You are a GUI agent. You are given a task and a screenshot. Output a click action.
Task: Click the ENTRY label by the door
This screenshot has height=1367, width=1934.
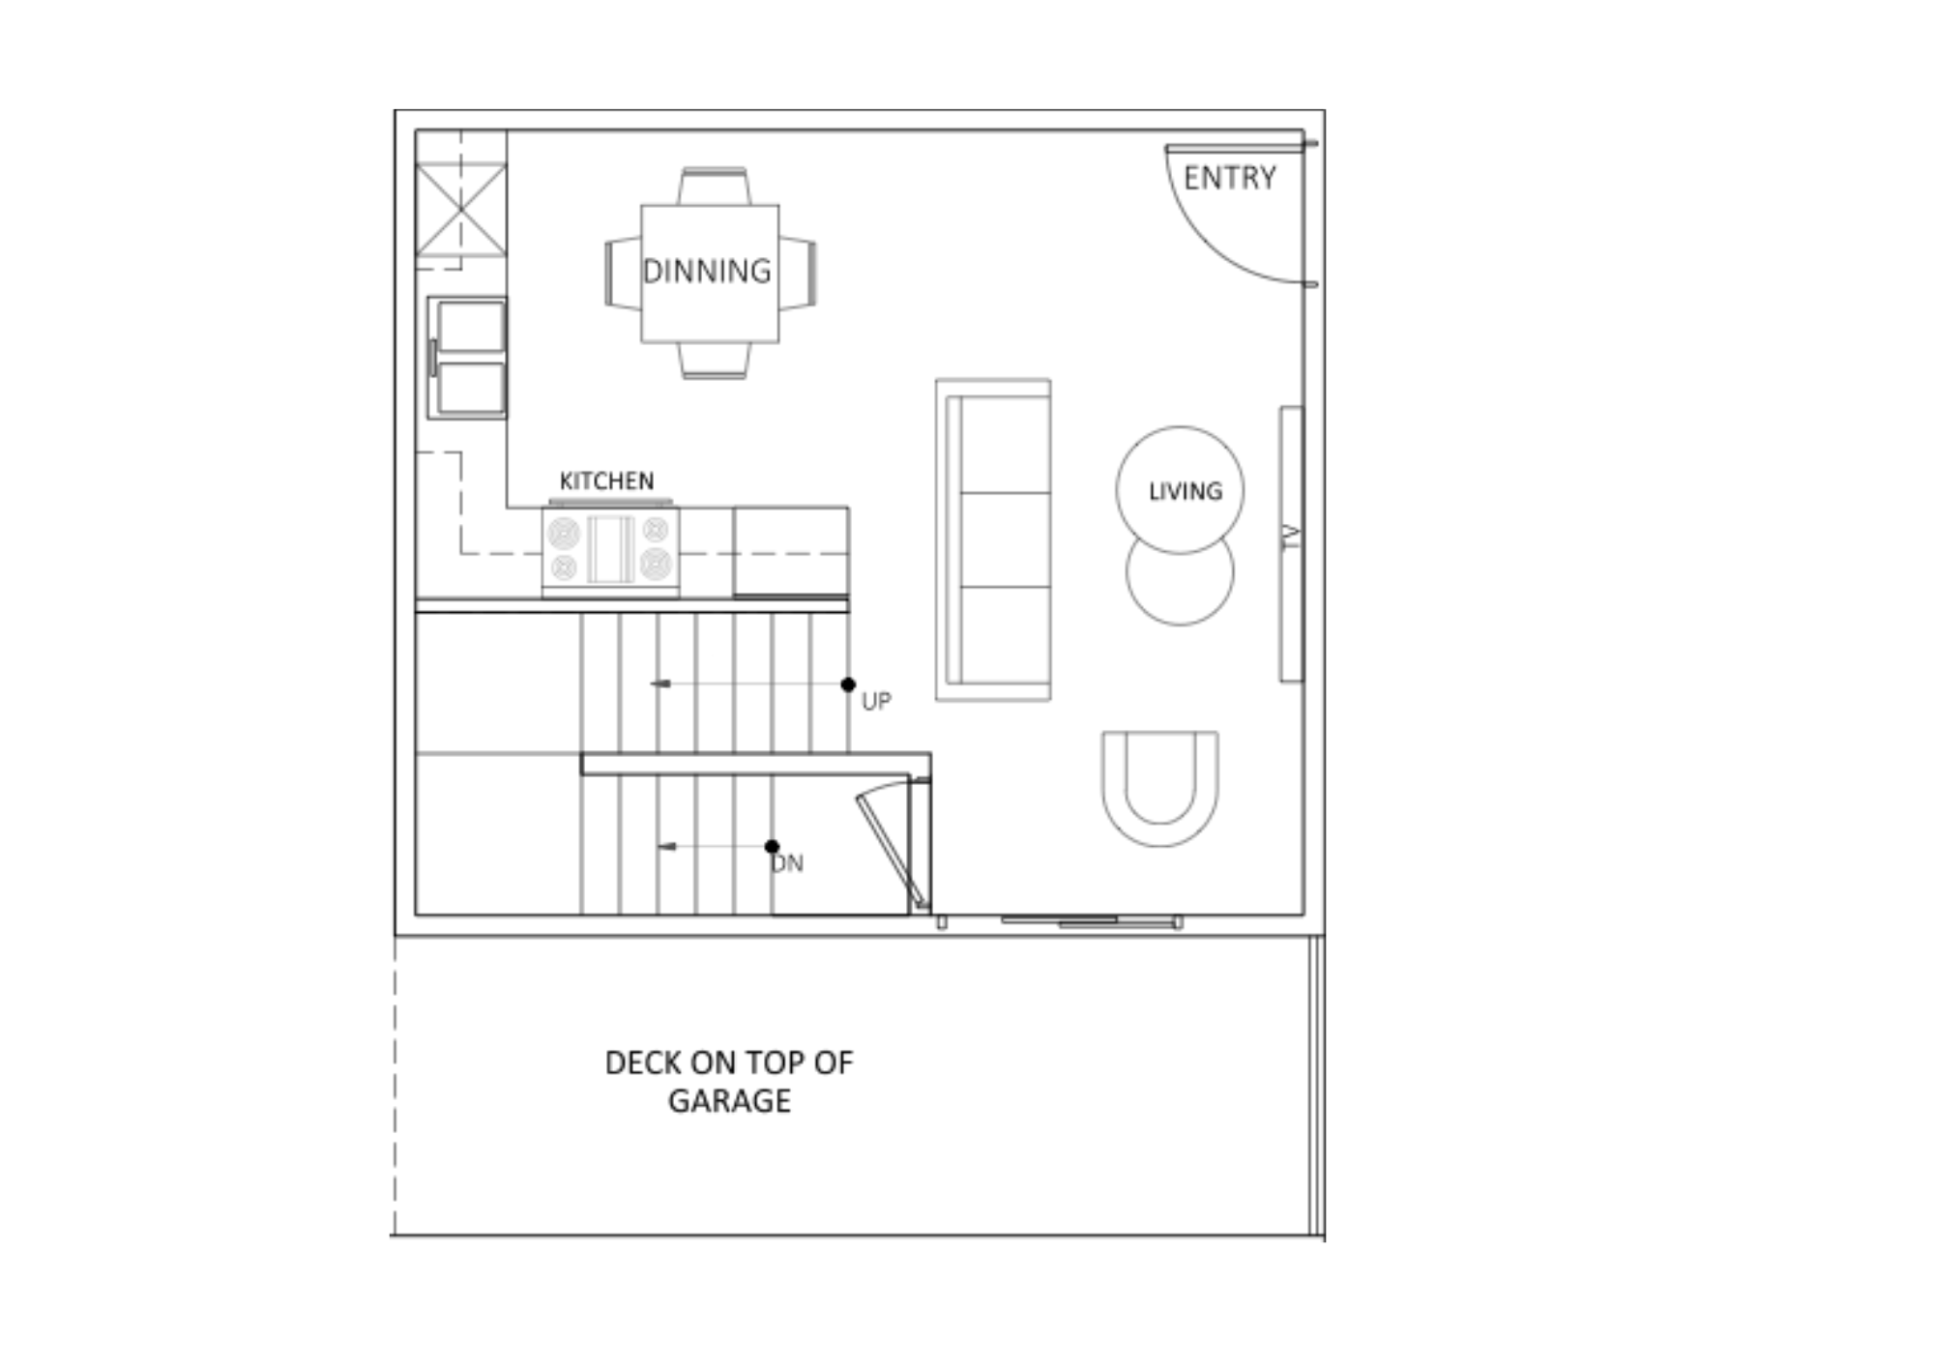pos(1229,178)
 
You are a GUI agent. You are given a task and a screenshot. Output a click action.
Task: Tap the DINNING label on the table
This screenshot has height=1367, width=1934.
pos(707,271)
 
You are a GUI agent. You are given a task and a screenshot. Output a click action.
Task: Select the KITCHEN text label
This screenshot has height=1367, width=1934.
pos(606,480)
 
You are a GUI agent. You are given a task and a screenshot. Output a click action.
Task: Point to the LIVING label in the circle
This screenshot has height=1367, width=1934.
pos(1185,491)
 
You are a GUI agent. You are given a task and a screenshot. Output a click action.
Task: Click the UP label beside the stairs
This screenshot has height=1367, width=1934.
pos(876,702)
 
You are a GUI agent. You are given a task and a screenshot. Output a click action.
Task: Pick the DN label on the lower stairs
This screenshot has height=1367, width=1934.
pos(788,863)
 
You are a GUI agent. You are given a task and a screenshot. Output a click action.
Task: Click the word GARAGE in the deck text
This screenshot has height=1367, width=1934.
pos(729,1100)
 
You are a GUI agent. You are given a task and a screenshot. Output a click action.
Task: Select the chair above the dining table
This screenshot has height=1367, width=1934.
pos(714,186)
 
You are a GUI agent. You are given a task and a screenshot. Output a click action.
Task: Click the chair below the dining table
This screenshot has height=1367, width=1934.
pos(714,361)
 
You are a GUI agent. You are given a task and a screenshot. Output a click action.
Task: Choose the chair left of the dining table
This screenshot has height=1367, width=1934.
pos(623,274)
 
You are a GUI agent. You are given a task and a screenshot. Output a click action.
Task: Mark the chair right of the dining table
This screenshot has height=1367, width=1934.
pos(798,274)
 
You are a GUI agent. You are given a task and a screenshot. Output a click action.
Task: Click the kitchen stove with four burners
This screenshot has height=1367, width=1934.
pos(610,549)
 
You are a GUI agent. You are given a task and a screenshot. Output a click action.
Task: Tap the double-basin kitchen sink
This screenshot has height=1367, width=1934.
pos(467,358)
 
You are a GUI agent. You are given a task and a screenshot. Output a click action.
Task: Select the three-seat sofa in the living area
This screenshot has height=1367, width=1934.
pos(993,539)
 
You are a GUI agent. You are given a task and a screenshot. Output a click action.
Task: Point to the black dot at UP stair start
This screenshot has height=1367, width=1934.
pos(848,684)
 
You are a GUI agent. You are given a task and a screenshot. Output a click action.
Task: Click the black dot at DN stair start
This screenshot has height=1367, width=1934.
pos(772,847)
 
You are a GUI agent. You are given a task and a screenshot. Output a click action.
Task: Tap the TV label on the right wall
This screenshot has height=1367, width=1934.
pos(1290,538)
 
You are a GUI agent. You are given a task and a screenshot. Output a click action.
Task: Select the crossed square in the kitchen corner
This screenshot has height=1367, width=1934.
pos(461,210)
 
